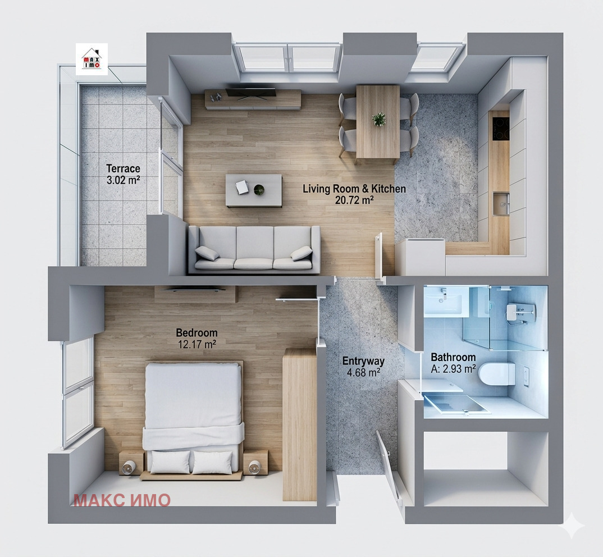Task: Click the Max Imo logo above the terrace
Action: click(x=92, y=58)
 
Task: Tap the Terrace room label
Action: click(x=123, y=168)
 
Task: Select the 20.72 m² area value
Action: click(x=354, y=200)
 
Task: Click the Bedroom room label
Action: click(x=196, y=333)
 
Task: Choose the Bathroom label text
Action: click(x=453, y=357)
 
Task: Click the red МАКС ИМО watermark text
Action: click(x=122, y=500)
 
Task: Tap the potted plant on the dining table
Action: click(x=379, y=119)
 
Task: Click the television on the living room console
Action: click(x=250, y=94)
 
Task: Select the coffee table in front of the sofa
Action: click(x=253, y=190)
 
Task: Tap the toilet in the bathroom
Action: click(x=497, y=374)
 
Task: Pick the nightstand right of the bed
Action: click(x=255, y=462)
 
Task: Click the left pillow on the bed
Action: click(x=170, y=462)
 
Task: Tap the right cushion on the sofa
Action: click(x=301, y=253)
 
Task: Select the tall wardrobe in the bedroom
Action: click(x=300, y=424)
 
